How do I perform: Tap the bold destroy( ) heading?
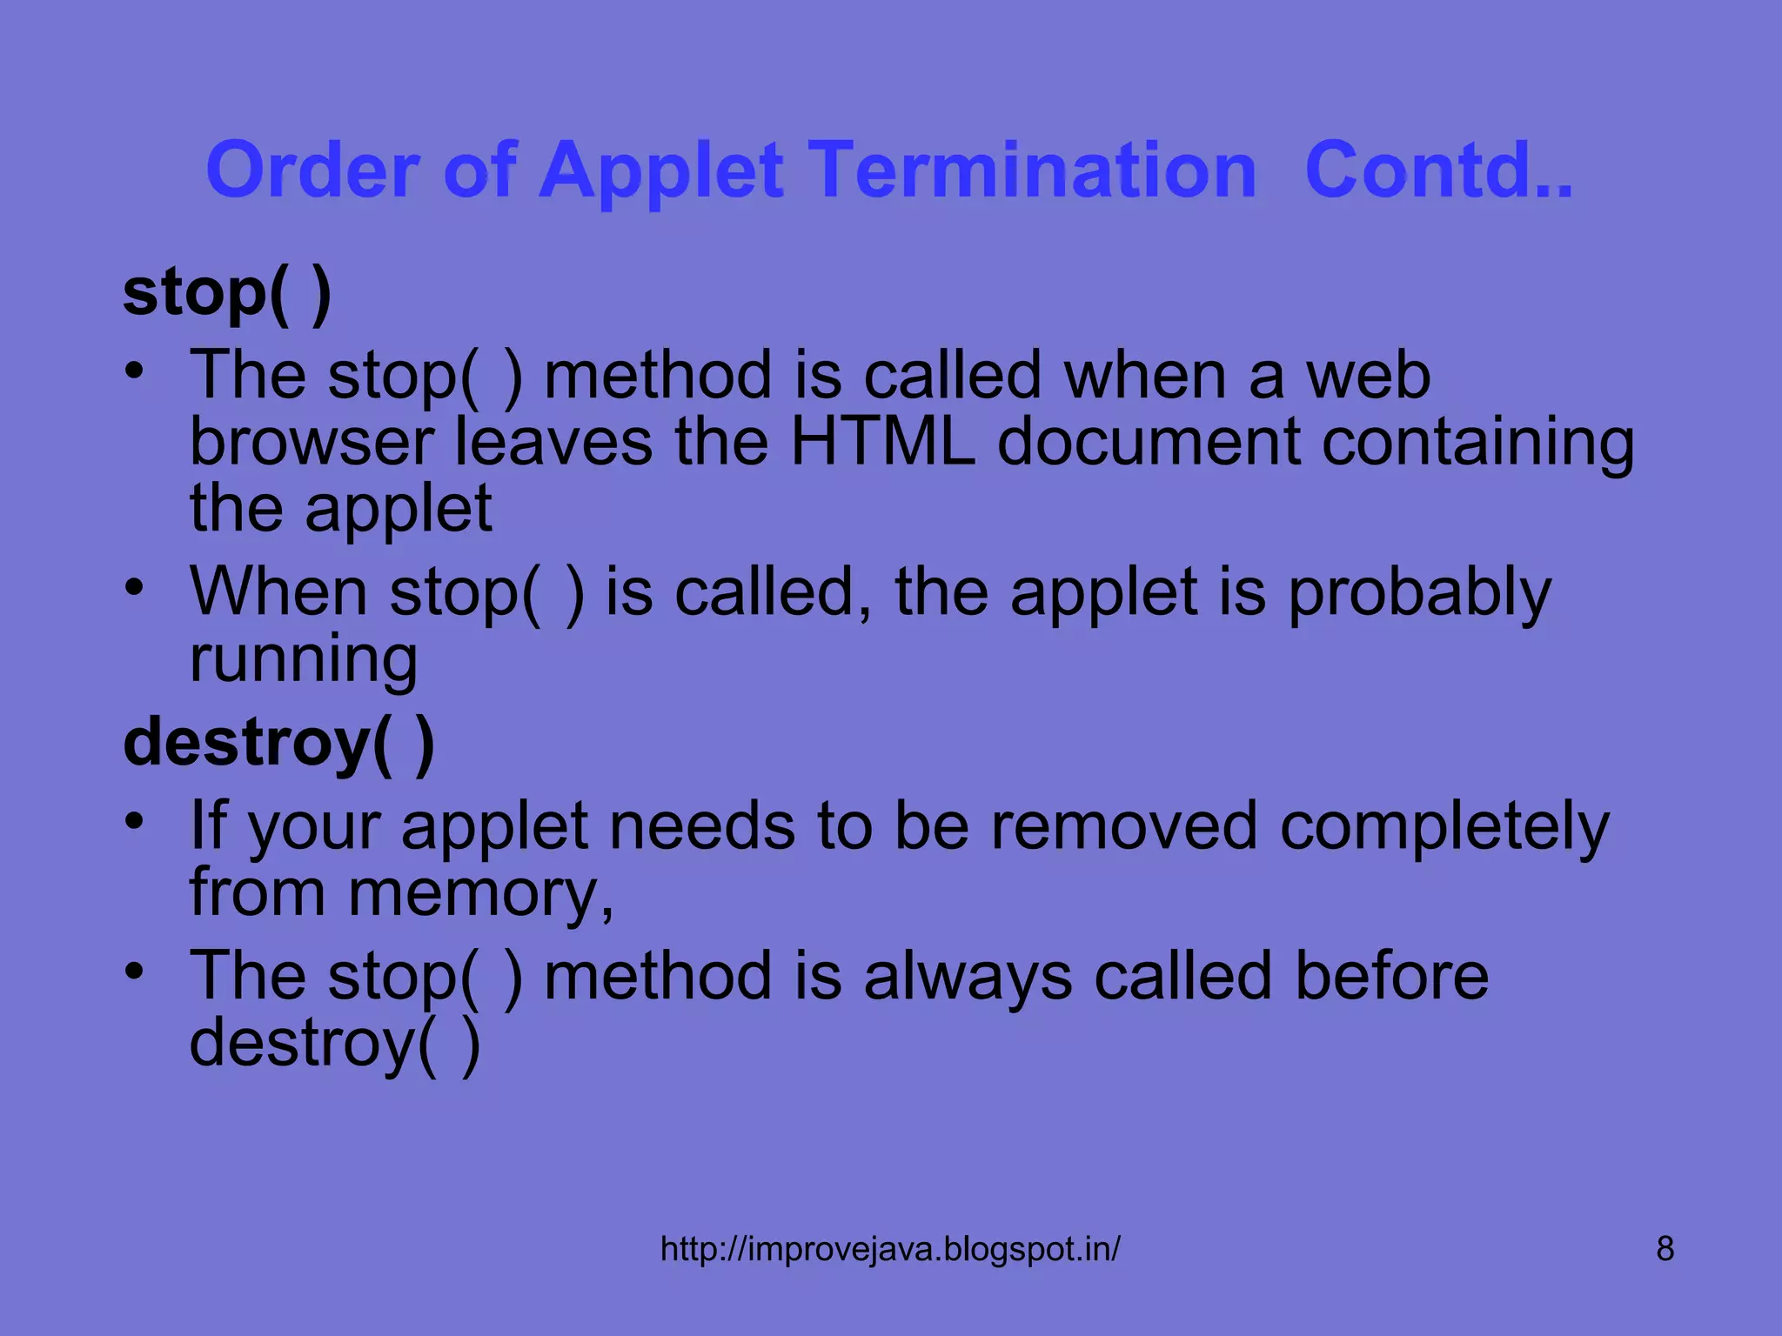[x=278, y=744]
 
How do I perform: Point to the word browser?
[x=312, y=442]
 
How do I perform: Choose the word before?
[x=1391, y=976]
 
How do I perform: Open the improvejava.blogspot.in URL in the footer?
[x=890, y=1249]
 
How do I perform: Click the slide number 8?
[x=1665, y=1249]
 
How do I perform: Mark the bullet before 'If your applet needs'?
[x=133, y=820]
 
